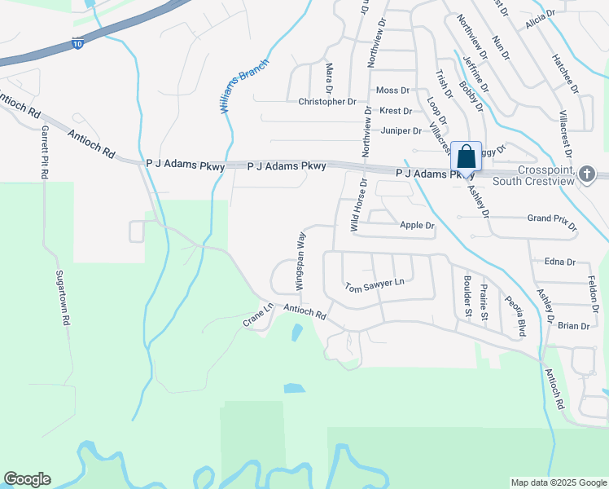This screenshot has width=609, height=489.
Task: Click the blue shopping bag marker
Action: (x=466, y=156)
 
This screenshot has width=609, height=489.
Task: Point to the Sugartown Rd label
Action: (x=63, y=298)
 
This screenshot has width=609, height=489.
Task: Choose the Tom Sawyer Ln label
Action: (x=374, y=285)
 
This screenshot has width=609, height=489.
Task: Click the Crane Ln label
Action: (x=257, y=315)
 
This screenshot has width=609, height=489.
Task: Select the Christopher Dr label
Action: (x=327, y=102)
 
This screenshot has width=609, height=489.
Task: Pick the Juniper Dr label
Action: (x=401, y=130)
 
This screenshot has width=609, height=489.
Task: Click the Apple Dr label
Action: (x=417, y=225)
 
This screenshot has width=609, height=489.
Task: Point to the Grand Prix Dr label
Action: (x=552, y=220)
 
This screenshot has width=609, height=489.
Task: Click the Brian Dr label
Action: (x=573, y=326)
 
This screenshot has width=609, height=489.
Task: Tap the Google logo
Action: (x=27, y=479)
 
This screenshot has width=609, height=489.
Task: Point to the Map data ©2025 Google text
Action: (x=558, y=482)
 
